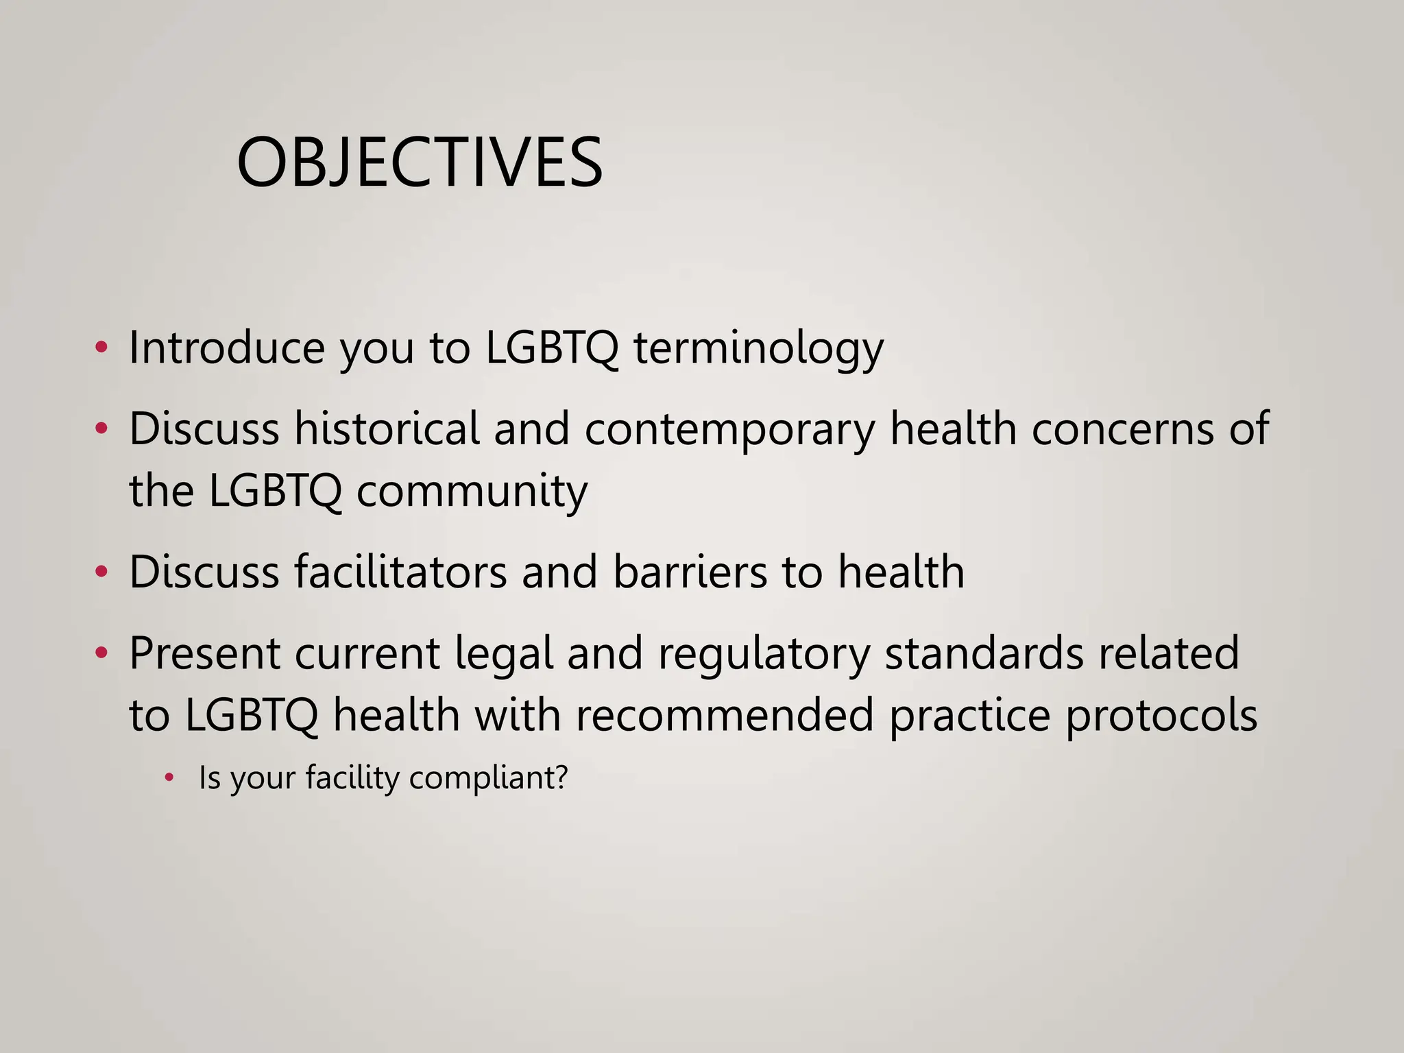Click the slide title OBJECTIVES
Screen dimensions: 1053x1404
tap(420, 163)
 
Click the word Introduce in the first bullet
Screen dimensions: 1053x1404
tap(226, 348)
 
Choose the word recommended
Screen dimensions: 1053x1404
tap(724, 715)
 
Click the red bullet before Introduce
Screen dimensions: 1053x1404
tap(101, 348)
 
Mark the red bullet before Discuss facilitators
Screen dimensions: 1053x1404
tap(101, 572)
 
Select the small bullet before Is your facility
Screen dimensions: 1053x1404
tap(169, 778)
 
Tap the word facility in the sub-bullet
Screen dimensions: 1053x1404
tap(352, 778)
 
